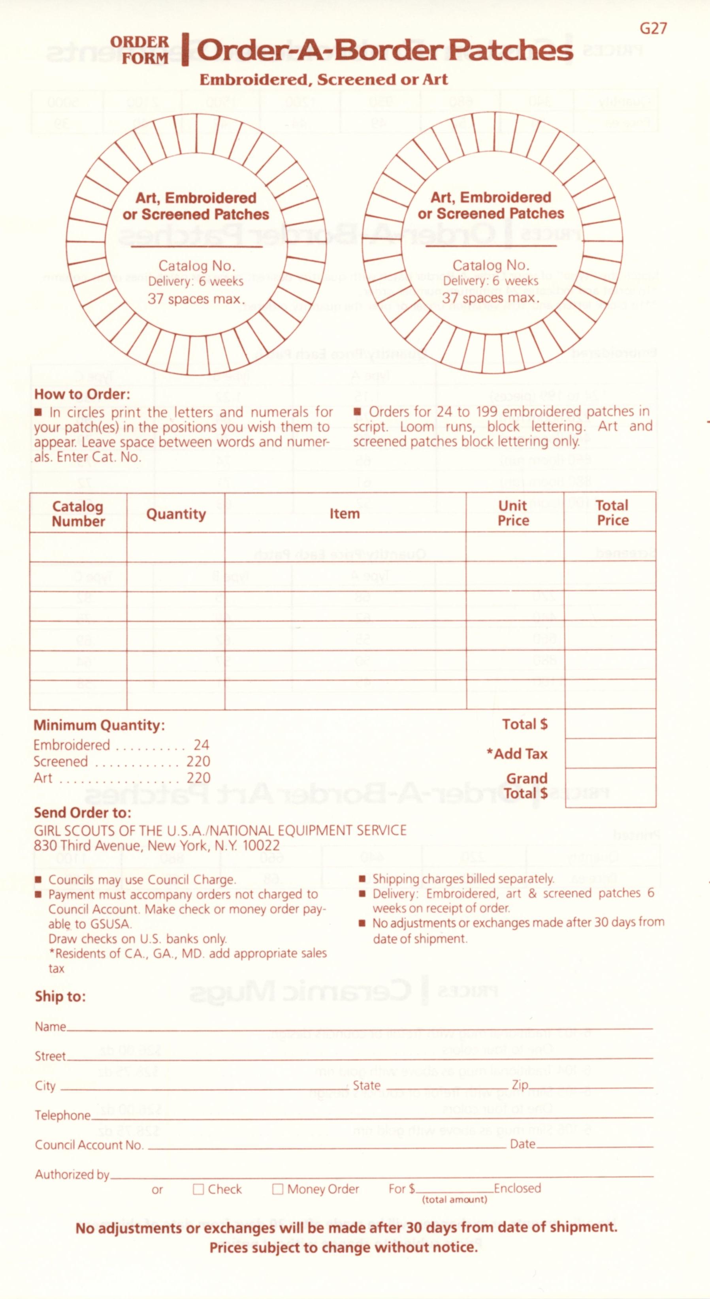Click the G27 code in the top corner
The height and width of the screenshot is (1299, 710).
(653, 29)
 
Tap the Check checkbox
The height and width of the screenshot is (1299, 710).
(198, 1189)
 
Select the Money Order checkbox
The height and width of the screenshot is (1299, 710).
(277, 1189)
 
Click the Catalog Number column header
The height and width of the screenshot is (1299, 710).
(78, 513)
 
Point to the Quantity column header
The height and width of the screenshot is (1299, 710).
(175, 514)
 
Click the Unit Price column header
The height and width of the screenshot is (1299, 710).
(513, 513)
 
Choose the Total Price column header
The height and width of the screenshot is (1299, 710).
(612, 513)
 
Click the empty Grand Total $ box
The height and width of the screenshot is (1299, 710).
(610, 788)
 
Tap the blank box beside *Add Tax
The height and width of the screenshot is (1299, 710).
(610, 754)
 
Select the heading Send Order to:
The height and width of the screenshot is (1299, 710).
(82, 812)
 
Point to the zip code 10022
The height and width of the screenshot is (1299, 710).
(260, 846)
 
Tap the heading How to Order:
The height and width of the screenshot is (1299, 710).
(82, 394)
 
